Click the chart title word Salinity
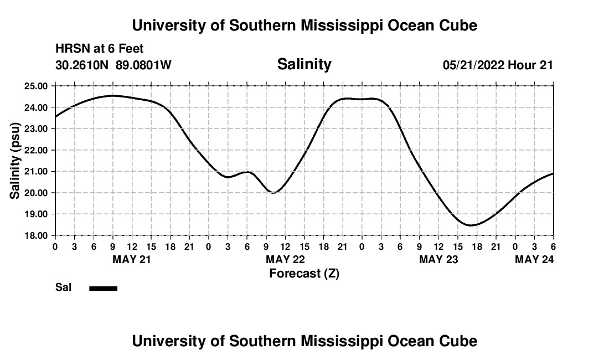click(x=304, y=64)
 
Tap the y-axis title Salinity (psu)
click(x=16, y=161)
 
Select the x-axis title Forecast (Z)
click(x=304, y=273)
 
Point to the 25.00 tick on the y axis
click(x=37, y=86)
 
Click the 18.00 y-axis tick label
click(x=37, y=235)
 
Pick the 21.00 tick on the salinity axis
click(x=37, y=171)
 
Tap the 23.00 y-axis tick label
click(x=37, y=128)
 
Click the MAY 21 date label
click(x=131, y=259)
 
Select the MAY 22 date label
click(x=285, y=259)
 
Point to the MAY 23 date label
click(x=438, y=259)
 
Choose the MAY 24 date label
click(x=534, y=259)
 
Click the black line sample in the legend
click(x=104, y=288)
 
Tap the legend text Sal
click(x=63, y=287)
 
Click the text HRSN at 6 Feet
click(x=100, y=49)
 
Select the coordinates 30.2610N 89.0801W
click(x=113, y=65)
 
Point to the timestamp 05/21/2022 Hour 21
click(x=498, y=65)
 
